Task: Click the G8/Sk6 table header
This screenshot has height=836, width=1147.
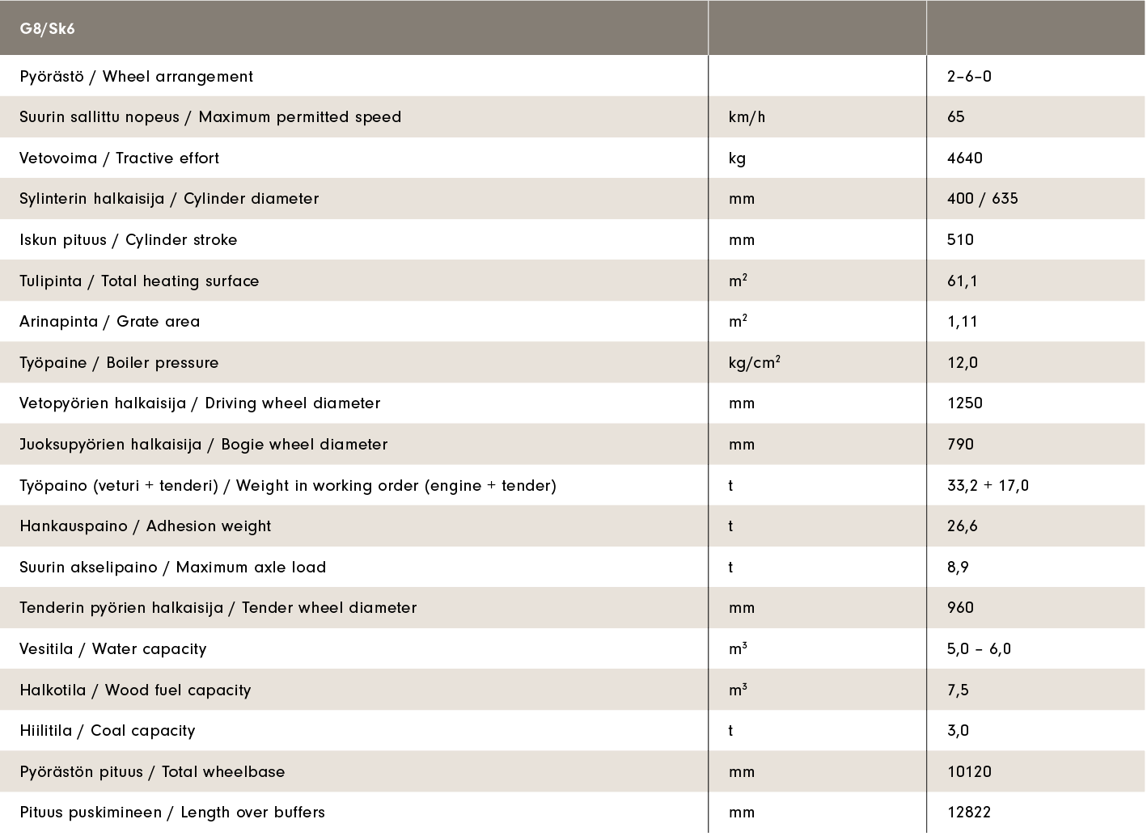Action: coord(48,29)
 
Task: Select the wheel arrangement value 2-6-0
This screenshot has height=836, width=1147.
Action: coord(969,77)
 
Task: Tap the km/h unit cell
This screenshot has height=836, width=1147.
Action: coord(747,117)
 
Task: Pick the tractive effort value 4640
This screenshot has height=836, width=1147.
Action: coord(965,158)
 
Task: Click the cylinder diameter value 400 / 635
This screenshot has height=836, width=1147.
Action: coord(982,199)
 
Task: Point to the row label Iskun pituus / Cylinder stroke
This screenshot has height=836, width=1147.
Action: coord(129,240)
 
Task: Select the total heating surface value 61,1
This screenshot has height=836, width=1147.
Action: coord(963,281)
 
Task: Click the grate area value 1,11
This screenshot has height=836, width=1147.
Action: coord(963,322)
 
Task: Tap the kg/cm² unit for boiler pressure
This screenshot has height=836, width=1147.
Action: coord(754,363)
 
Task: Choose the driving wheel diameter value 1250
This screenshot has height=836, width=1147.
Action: coord(965,403)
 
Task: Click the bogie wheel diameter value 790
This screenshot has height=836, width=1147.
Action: coord(961,445)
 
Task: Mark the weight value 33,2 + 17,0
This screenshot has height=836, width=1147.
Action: coord(988,486)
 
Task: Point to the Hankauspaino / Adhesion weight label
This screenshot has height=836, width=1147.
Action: coord(146,526)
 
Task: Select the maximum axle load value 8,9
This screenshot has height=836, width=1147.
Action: coord(958,568)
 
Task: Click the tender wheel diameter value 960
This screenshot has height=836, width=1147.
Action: coord(961,608)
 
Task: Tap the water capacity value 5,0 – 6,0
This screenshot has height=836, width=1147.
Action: coord(979,649)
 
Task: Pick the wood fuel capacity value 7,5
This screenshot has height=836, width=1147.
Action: coord(958,690)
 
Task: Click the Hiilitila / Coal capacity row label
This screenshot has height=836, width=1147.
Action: coord(108,731)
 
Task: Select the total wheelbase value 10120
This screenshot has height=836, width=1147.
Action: coord(969,772)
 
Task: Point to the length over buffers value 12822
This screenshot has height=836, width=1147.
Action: coord(969,813)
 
